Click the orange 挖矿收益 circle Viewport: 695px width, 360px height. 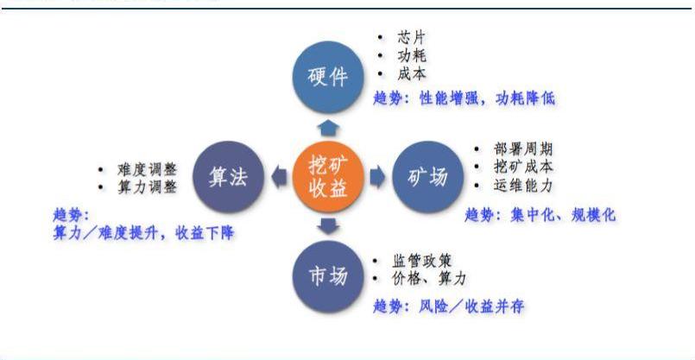tap(328, 177)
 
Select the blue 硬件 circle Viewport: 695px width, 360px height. tap(328, 77)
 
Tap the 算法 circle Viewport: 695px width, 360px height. tap(228, 177)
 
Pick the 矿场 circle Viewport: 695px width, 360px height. tap(428, 177)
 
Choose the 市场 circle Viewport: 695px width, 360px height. tap(328, 277)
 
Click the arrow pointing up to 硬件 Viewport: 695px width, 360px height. tap(328, 127)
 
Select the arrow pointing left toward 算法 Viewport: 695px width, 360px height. tap(279, 177)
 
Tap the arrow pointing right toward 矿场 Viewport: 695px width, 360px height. tap(377, 177)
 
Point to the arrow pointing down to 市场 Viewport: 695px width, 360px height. tap(328, 226)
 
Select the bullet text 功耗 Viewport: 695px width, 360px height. tap(412, 56)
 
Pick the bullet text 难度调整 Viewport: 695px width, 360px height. tap(147, 169)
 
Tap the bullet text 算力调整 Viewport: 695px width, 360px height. tap(147, 187)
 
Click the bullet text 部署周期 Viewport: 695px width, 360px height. tap(523, 149)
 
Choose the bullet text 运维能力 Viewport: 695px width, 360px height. tap(523, 186)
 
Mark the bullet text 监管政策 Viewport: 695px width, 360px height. tap(422, 260)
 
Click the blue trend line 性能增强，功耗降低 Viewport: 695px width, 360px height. tap(487, 98)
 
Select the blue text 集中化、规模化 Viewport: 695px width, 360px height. tap(563, 215)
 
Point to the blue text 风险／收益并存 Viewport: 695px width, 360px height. tap(471, 306)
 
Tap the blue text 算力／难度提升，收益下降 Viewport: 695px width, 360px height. tap(143, 233)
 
